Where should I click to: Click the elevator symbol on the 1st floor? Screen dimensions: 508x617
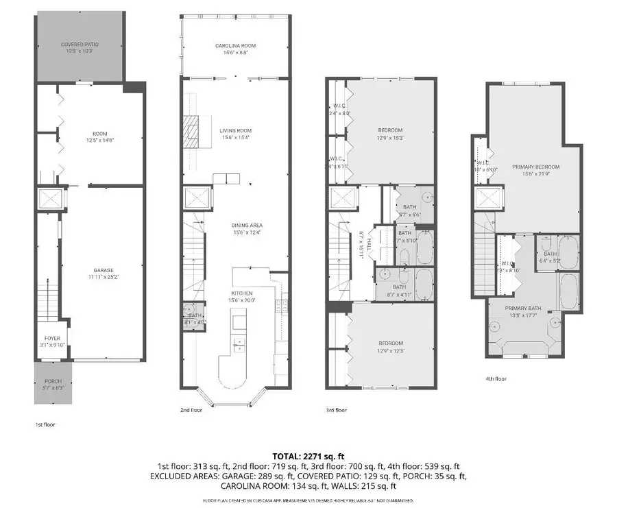[49, 199]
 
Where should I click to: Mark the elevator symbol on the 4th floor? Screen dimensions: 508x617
[488, 200]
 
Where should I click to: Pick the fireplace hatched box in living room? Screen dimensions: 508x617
[193, 130]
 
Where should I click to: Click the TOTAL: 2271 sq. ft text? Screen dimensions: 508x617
[308, 456]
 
